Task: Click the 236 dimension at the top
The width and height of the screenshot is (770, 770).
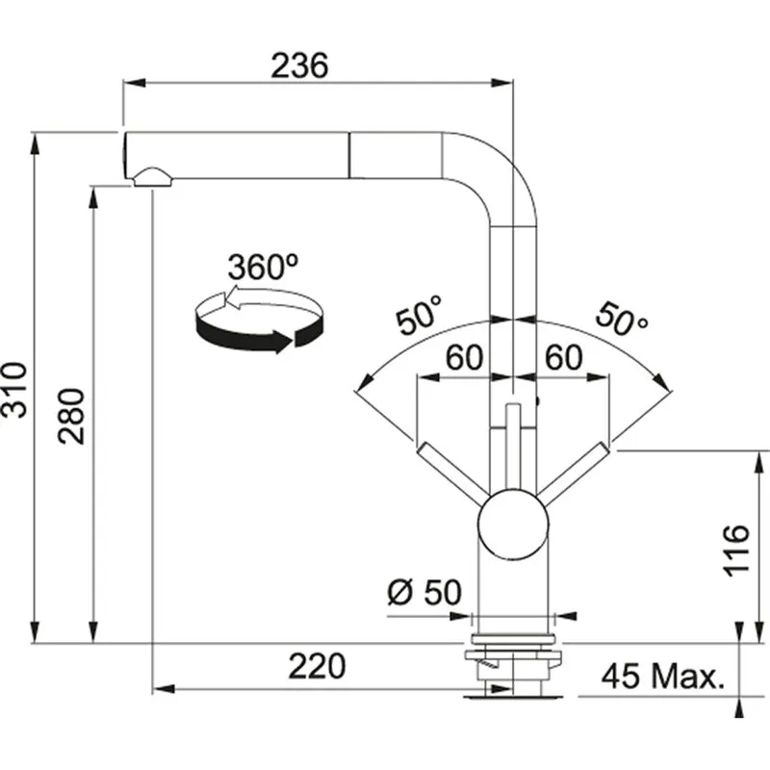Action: click(x=299, y=65)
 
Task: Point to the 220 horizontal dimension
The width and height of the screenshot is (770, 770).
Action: click(x=318, y=667)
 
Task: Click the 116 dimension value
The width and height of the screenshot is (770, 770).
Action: click(x=736, y=550)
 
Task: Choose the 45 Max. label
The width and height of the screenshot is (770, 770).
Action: click(x=661, y=677)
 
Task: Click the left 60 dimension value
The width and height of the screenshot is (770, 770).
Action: click(x=463, y=358)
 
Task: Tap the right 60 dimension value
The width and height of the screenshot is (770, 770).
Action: click(x=564, y=358)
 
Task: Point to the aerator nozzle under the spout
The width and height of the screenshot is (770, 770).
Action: click(x=153, y=176)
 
